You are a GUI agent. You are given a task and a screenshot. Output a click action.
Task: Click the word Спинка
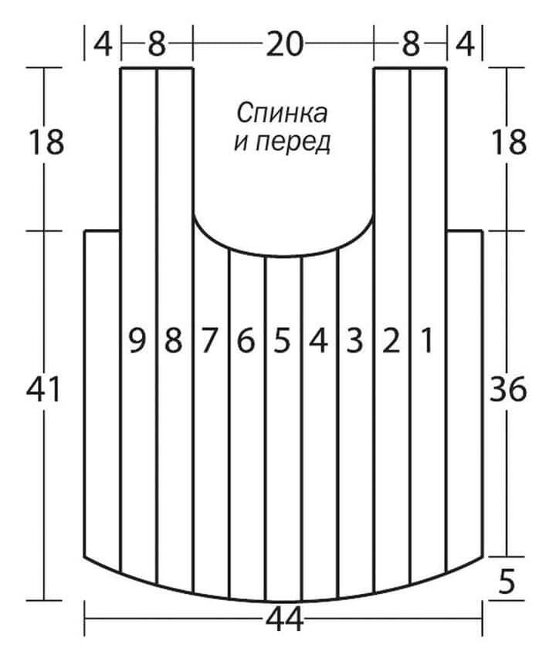pos(283,114)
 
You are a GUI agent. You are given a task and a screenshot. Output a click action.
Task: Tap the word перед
pos(293,143)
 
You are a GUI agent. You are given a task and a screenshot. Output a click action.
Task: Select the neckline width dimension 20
pos(284,44)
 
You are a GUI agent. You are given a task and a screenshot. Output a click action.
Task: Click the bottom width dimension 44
pos(284,619)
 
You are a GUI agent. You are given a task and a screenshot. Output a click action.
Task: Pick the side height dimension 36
pos(508,390)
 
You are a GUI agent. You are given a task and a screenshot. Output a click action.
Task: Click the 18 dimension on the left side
pos(46,142)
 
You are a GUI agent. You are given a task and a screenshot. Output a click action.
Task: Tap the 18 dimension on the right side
pos(509,142)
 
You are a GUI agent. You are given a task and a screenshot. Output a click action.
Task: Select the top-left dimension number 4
pos(103,44)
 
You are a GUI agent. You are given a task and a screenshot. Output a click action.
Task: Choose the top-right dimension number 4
pos(465,44)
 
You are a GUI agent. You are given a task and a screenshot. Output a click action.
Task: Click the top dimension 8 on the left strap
pos(157,44)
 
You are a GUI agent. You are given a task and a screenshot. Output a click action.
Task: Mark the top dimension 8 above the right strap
pos(411,44)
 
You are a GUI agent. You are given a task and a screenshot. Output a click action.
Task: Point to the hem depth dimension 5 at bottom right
pos(507,582)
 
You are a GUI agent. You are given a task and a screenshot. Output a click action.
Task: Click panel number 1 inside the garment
pos(426,340)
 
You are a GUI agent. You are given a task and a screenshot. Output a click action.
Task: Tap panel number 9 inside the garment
pos(137,340)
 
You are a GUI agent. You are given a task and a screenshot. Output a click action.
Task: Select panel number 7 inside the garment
pos(209,340)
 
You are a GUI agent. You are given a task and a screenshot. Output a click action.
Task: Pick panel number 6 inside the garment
pos(246,340)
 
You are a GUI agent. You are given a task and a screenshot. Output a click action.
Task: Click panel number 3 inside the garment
pos(355,340)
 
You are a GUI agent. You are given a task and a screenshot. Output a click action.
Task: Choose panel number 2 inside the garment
pos(392,340)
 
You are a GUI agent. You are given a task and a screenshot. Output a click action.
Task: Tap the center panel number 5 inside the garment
pos(283,340)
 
